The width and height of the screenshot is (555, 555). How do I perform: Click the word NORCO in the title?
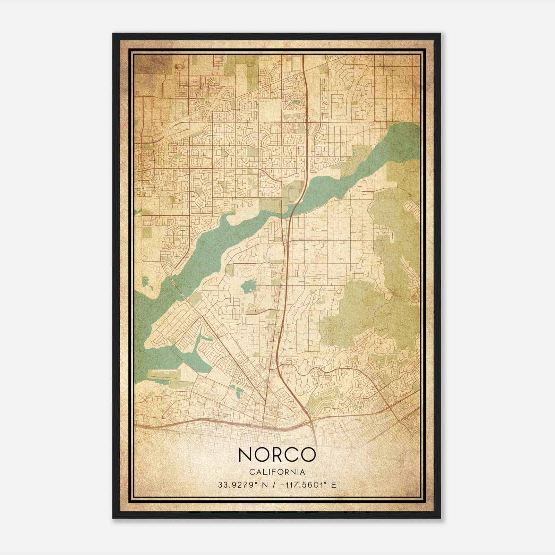pos(277,455)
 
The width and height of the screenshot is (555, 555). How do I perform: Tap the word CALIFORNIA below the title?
pos(277,472)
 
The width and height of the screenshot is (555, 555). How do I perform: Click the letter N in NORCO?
pos(246,455)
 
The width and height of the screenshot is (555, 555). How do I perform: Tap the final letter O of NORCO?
pos(308,455)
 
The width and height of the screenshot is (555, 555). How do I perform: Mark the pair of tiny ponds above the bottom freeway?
pos(239,393)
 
